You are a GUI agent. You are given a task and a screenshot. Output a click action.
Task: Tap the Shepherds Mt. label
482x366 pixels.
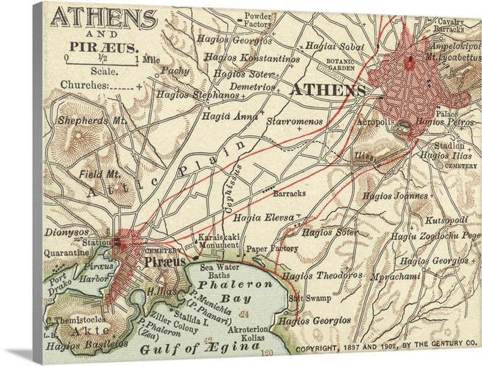(92, 120)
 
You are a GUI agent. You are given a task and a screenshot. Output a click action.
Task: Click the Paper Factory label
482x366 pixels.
(273, 248)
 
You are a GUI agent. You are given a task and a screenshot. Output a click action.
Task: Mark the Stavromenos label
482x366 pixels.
(294, 122)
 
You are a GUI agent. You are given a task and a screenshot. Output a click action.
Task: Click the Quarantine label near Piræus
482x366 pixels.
(66, 253)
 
